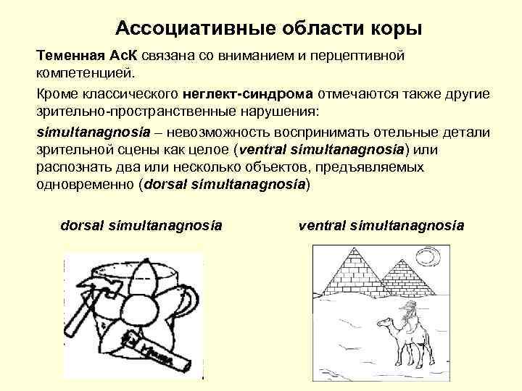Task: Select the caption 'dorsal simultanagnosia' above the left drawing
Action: pos(141,226)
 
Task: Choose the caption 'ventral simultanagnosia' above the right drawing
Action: pos(381,226)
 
